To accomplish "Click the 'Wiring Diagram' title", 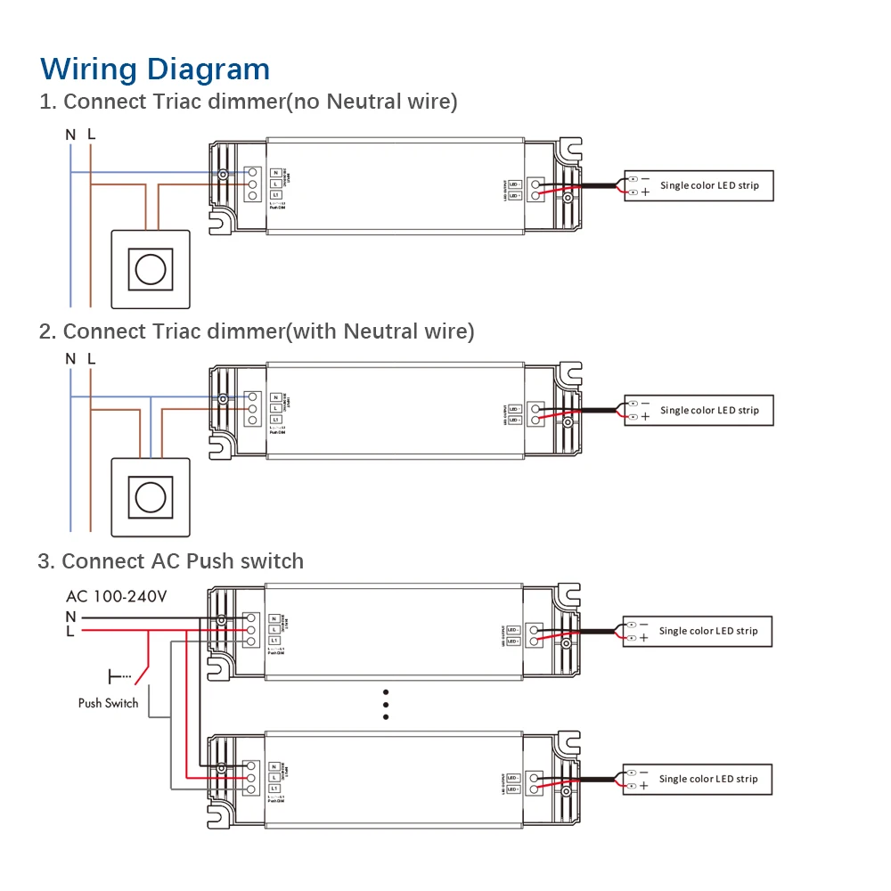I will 155,69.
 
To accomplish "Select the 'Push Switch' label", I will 108,703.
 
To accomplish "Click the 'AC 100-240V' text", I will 116,596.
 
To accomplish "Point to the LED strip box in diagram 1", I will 698,185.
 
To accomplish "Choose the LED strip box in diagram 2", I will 698,410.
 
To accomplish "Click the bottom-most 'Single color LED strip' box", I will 698,779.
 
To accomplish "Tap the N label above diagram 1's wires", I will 70,135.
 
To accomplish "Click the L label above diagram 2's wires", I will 91,358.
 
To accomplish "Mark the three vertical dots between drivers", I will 386,704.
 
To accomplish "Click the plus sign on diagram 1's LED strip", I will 645,192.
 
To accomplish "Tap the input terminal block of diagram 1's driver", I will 252,184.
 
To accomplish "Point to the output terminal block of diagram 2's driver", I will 535,413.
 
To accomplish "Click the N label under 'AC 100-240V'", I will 70,616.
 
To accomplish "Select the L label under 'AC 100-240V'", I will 70,631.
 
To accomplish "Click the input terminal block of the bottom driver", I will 252,778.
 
